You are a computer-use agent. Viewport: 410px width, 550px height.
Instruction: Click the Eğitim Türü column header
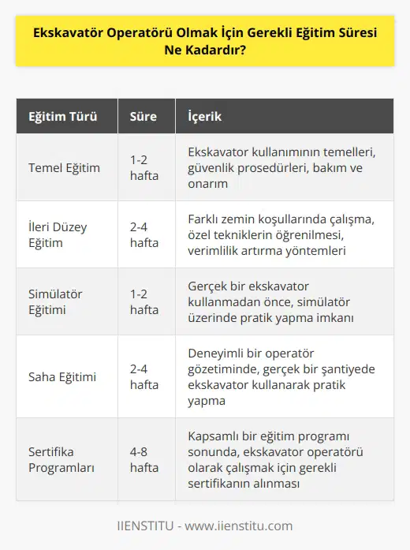point(62,116)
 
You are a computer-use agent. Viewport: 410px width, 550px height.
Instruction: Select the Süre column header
point(143,116)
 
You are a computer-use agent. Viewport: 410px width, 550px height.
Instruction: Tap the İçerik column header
point(204,116)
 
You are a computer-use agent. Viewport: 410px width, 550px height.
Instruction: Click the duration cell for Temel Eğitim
point(144,167)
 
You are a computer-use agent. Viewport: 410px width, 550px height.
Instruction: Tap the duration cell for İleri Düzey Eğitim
point(144,234)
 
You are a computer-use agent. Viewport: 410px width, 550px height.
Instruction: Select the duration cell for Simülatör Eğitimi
point(144,301)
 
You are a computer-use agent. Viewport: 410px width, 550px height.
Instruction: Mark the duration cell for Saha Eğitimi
point(144,376)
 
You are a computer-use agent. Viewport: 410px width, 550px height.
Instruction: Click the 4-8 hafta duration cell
point(144,459)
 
